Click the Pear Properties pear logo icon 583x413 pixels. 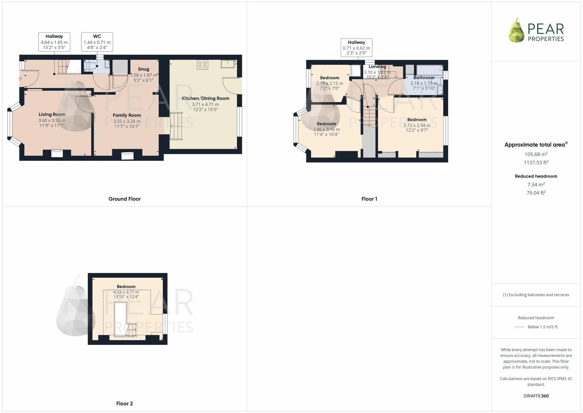[517, 30]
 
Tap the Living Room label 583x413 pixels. [52, 114]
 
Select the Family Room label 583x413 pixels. [127, 115]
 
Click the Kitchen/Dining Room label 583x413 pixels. [205, 98]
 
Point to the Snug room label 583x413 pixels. [143, 69]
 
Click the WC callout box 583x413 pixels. [97, 42]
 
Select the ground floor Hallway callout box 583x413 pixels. [54, 42]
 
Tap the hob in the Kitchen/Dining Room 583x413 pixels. [203, 65]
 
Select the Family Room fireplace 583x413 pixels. [127, 155]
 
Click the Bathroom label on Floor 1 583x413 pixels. [424, 78]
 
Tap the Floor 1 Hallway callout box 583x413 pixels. [356, 48]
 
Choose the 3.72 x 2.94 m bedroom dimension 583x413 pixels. [417, 126]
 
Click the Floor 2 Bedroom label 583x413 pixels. [126, 287]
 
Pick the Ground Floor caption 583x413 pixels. [124, 199]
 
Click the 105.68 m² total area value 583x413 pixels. [536, 154]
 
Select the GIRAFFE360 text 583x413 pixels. [536, 396]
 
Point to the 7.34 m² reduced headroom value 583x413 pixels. [536, 184]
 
